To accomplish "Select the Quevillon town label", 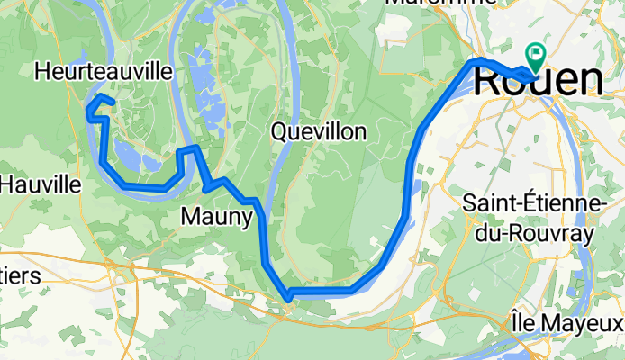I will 318,132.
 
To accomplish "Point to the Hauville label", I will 40,185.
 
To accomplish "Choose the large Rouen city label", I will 538,79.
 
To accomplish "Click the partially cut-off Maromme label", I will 440,3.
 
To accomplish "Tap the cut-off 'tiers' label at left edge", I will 20,276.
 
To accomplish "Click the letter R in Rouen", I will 487,79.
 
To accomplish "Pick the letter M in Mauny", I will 190,216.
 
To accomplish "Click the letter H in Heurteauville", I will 41,69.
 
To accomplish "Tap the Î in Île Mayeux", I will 539,319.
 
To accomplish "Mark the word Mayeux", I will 593,320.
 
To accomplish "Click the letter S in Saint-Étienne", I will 468,202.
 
